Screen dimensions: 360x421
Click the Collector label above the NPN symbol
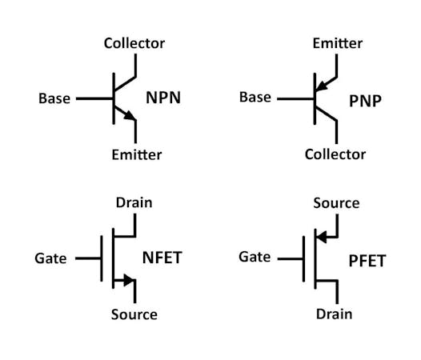[134, 43]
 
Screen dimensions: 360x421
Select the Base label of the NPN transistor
[54, 99]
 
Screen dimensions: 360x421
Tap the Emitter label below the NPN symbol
[136, 154]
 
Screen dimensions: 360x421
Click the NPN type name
[162, 99]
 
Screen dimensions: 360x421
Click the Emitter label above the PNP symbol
[335, 43]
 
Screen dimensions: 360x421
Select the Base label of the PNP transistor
[255, 98]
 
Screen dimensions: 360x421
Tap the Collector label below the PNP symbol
[335, 154]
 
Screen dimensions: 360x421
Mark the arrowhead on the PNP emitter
[321, 84]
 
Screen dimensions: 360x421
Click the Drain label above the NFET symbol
[134, 203]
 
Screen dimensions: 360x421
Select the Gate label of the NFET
[50, 258]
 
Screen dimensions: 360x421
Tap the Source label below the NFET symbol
[134, 314]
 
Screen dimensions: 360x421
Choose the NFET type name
[165, 258]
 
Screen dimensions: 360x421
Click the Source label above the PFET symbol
[336, 203]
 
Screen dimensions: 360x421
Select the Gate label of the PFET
[255, 258]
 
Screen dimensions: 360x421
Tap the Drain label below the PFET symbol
[334, 314]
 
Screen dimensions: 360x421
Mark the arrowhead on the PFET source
[322, 237]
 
